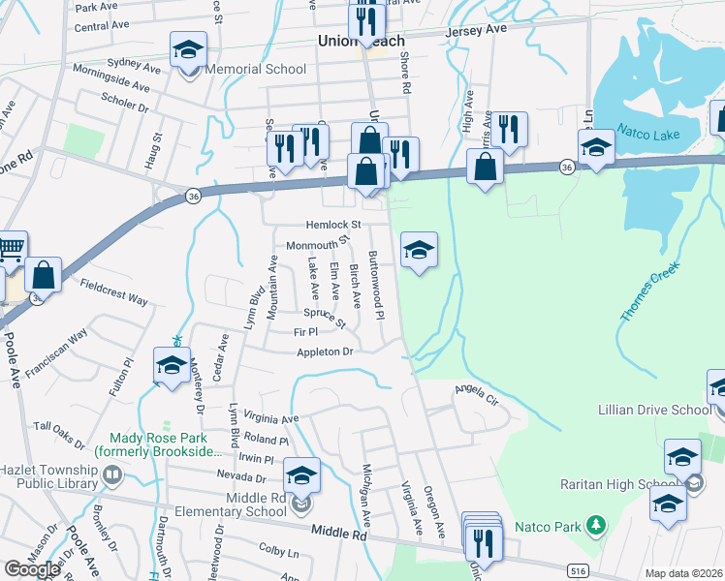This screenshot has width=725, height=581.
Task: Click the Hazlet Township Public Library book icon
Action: [113, 474]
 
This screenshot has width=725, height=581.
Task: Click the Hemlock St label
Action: [312, 223]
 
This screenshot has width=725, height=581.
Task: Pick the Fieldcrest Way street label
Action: [114, 292]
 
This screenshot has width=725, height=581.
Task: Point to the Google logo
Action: [32, 568]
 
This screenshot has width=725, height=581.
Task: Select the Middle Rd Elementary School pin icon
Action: [302, 504]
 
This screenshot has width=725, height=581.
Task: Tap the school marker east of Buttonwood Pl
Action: [419, 251]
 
